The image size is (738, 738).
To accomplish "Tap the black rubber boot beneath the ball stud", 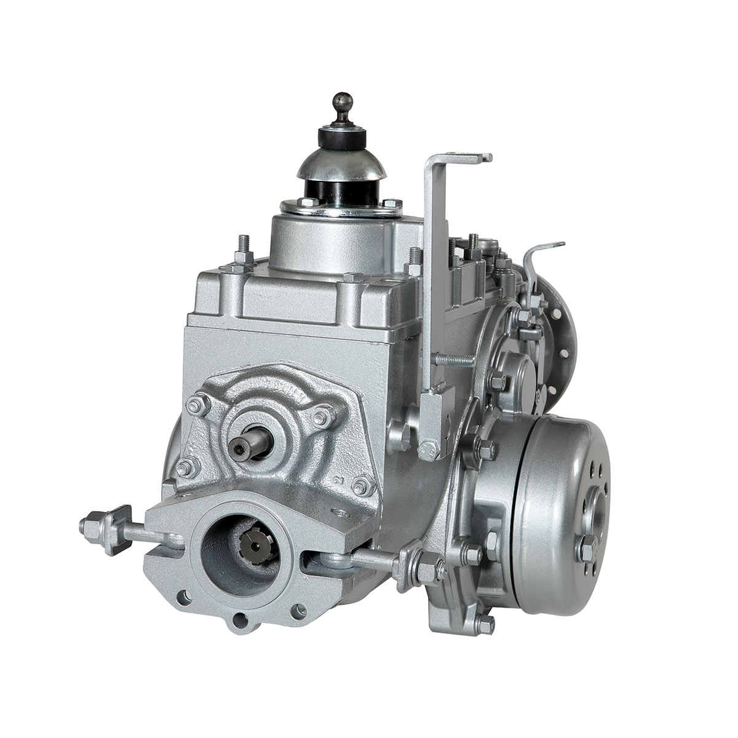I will tap(341, 137).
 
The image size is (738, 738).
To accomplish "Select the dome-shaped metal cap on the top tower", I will tap(342, 164).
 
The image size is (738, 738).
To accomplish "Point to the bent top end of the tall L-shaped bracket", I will tap(458, 158).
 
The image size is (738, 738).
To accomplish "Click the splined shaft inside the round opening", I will tap(252, 541).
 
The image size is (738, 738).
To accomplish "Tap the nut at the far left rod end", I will tap(90, 528).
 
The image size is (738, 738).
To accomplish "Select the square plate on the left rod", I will tap(116, 529).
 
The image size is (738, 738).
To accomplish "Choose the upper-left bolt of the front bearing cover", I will tap(197, 405).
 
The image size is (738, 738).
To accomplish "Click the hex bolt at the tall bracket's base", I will tap(428, 451).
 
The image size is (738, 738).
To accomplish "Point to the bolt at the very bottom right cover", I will tap(485, 624).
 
